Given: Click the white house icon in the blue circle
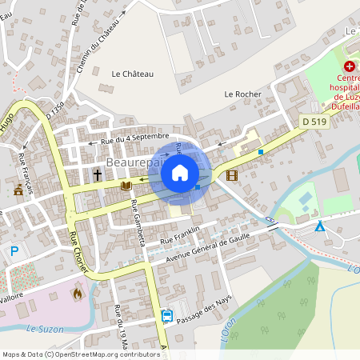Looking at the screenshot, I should tap(180, 173).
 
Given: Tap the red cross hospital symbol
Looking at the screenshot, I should tap(350, 67).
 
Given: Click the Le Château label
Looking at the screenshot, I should tap(133, 74).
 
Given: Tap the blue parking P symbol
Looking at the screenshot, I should tap(14, 251).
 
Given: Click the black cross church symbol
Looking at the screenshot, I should tap(98, 174).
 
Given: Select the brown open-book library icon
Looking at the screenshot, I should tap(125, 186).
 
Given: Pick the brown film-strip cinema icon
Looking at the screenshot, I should tap(231, 175).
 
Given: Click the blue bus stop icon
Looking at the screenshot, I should tap(166, 315).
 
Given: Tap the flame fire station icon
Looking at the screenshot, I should tap(78, 294).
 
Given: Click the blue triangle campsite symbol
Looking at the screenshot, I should tap(320, 227).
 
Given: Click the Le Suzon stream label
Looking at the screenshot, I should tap(44, 329).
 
